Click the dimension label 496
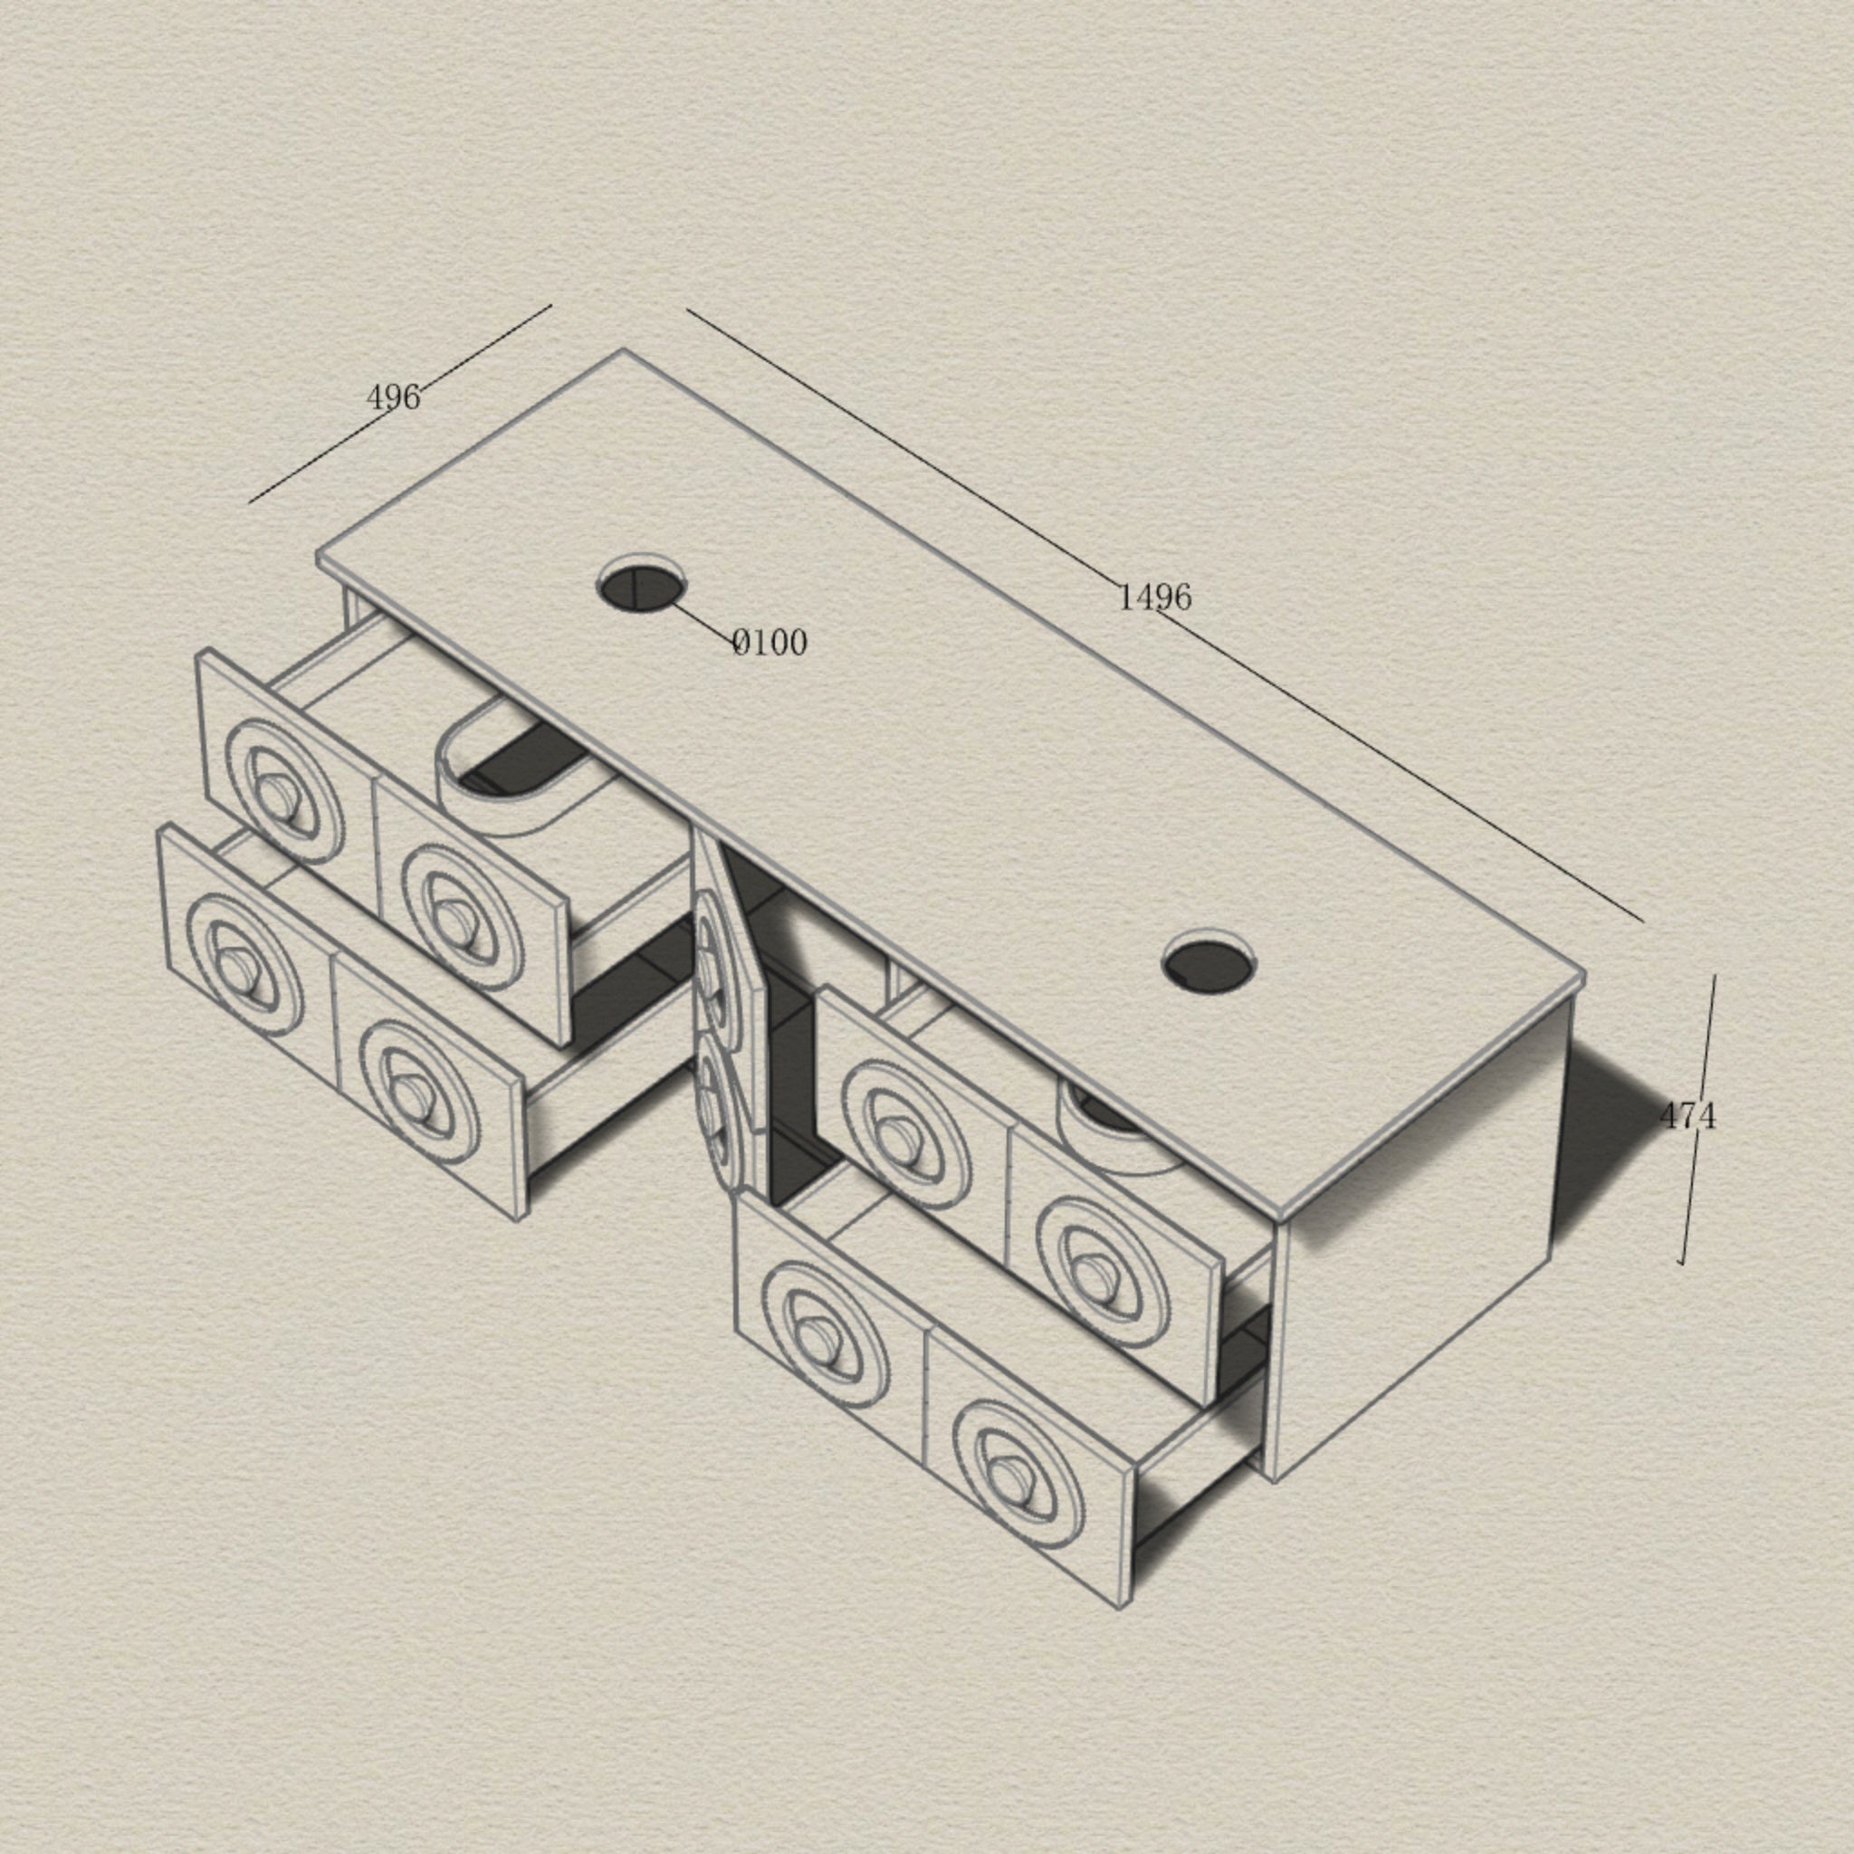click(x=394, y=397)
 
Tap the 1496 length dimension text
click(x=1154, y=597)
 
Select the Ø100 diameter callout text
click(x=769, y=642)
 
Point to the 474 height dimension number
click(x=1687, y=1115)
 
